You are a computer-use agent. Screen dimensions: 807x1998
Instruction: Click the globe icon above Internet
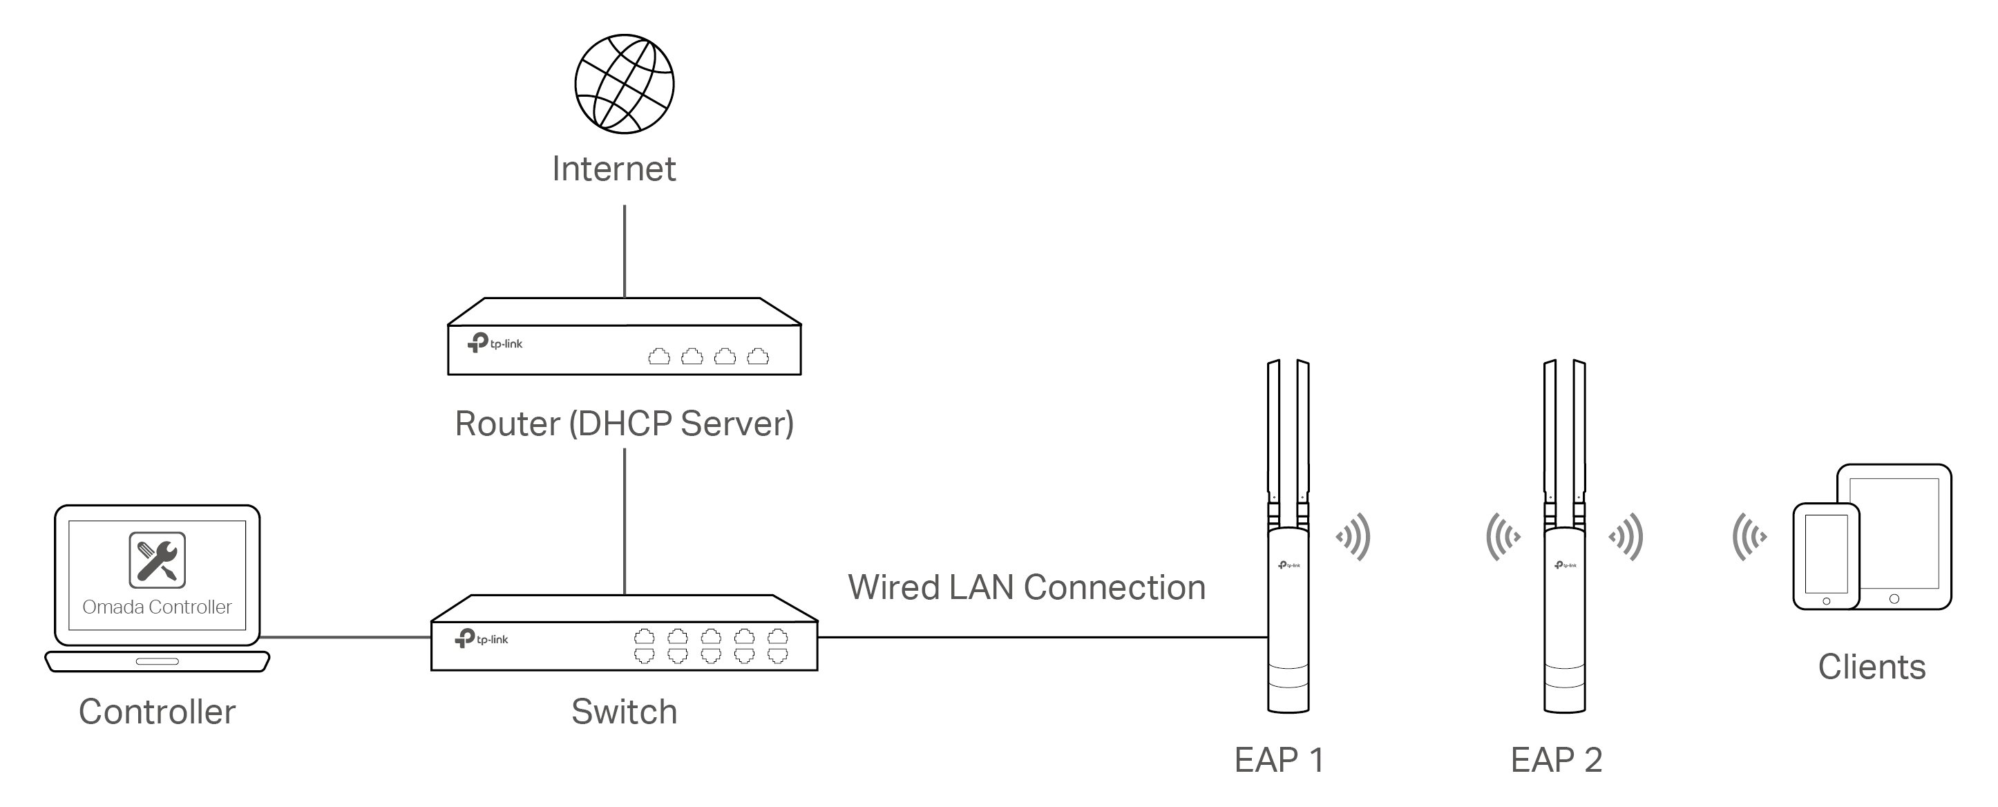[625, 84]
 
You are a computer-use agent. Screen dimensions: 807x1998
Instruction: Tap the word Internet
[613, 169]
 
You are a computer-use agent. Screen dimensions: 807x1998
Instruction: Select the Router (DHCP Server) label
[625, 424]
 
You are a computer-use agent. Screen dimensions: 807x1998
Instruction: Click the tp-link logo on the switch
[482, 638]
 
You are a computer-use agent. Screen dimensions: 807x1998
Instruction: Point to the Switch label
[625, 712]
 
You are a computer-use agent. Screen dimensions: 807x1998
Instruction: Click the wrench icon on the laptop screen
[158, 560]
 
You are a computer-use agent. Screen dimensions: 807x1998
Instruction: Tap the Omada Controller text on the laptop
[158, 607]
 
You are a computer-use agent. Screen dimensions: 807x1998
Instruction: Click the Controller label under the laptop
[158, 712]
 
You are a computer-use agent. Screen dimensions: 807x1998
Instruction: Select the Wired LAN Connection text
[1026, 587]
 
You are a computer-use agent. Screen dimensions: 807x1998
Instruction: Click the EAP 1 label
[1279, 759]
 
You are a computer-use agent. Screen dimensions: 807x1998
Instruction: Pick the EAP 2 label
[1556, 759]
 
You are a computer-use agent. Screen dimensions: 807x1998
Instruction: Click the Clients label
[1872, 667]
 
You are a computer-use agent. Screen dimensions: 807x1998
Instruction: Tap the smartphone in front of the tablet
[1826, 556]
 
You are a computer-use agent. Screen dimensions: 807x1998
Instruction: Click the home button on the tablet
[1894, 599]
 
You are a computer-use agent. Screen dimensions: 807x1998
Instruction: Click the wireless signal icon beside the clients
[1750, 536]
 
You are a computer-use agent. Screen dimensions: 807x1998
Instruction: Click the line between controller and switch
[345, 638]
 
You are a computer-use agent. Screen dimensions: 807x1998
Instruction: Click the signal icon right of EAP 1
[1353, 536]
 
